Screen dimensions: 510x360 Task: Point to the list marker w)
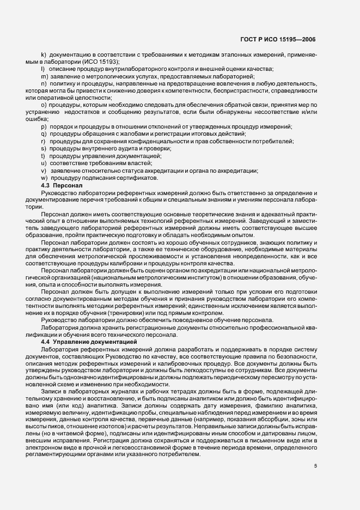(x=44, y=178)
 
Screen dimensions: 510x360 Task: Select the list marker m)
(x=44, y=76)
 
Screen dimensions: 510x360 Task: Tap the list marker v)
(x=44, y=171)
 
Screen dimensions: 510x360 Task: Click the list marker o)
(x=44, y=105)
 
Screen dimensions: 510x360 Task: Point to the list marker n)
(x=44, y=83)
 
